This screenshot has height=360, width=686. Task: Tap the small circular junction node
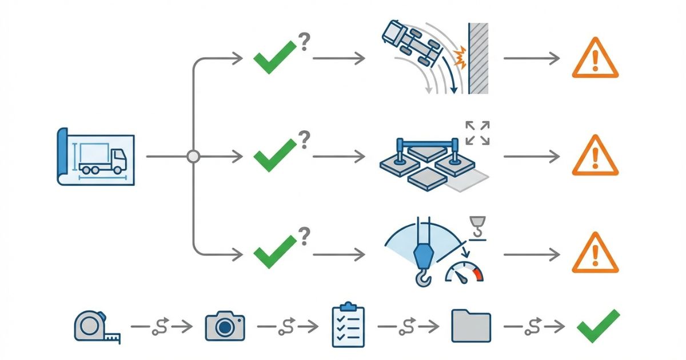(193, 156)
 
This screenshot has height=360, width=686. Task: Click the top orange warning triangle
(595, 59)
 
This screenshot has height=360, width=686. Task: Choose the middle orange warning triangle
(595, 156)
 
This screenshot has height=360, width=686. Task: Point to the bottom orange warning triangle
(595, 253)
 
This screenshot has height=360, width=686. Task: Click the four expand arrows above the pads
(477, 133)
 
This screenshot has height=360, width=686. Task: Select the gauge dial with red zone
(464, 273)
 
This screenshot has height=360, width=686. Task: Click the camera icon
(225, 326)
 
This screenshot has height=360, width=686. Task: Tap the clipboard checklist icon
(348, 325)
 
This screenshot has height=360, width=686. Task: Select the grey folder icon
(471, 326)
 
